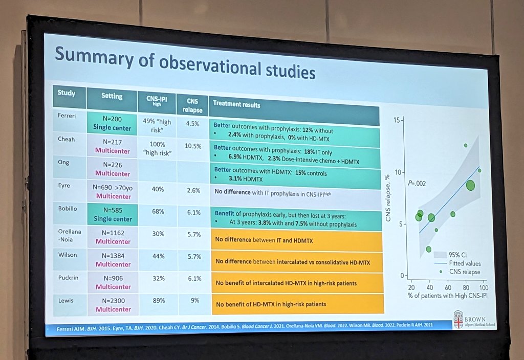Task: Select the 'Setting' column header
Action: point(112,96)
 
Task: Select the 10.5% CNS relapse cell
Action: point(193,146)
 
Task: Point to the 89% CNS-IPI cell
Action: point(158,301)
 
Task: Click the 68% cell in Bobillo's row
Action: point(158,212)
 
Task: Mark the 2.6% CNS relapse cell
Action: point(193,189)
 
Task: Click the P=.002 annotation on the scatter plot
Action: point(417,183)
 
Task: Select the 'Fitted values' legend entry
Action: point(464,263)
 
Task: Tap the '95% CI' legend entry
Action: point(460,254)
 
